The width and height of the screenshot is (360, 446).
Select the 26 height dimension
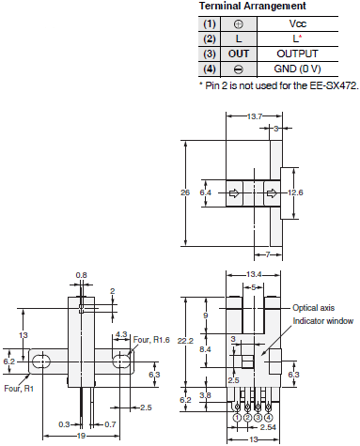point(185,192)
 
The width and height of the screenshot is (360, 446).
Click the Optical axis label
point(312,307)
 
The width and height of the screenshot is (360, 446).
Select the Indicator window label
point(322,320)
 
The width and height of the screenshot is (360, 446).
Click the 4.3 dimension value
point(120,333)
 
